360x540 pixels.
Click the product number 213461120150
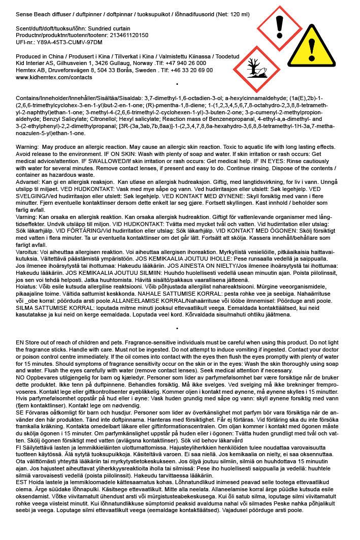click(128, 35)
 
